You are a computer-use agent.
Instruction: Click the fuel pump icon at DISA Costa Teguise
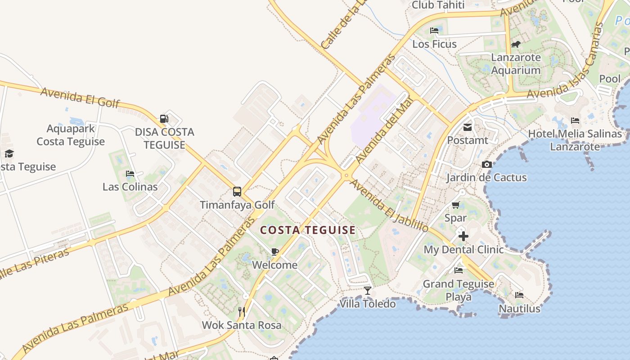coord(164,119)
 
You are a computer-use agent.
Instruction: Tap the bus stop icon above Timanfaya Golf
coord(237,192)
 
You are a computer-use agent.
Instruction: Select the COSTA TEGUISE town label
coord(308,230)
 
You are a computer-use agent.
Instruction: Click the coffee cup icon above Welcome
coord(275,252)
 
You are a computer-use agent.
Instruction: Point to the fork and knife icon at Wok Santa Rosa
coord(242,311)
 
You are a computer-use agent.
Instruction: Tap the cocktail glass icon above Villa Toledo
coord(368,291)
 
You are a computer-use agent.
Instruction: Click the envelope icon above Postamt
coord(468,127)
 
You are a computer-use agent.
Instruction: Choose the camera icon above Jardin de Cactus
coord(486,164)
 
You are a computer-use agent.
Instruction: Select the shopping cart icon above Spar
coord(456,205)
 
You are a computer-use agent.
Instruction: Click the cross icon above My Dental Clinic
coord(463,236)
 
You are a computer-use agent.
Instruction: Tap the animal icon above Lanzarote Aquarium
coord(516,44)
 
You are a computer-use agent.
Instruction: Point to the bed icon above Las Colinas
coord(130,173)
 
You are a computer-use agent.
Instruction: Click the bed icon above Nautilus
coord(519,296)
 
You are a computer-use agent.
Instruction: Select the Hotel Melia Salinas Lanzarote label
coord(575,140)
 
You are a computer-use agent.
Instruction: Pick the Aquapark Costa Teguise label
coord(71,135)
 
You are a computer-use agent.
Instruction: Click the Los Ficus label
coord(434,44)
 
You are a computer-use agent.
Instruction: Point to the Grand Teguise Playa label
coord(459,290)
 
